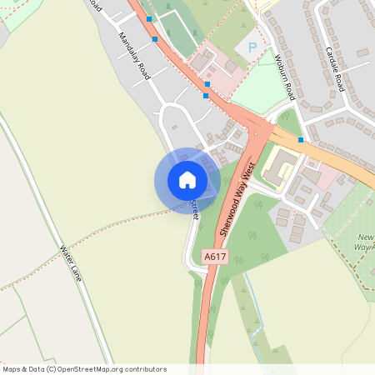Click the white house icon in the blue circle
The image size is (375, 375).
[187, 180]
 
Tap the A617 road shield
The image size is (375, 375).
[216, 258]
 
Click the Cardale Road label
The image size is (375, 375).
[341, 64]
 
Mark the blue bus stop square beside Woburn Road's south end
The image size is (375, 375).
[300, 140]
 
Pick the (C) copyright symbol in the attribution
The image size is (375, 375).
[52, 368]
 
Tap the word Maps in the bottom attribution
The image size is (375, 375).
[12, 368]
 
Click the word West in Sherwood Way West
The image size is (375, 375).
[247, 176]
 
